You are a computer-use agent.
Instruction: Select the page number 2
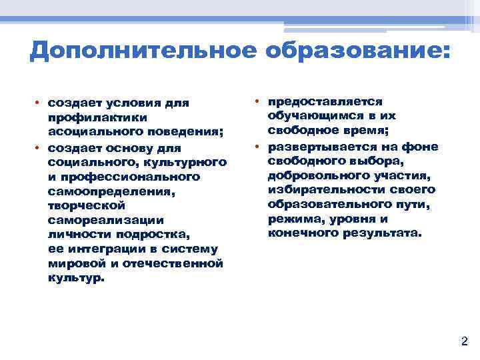pos(465,342)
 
